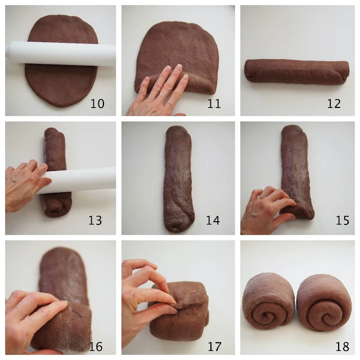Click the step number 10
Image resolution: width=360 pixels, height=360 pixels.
coord(97,103)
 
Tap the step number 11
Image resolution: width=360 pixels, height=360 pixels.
coord(214,103)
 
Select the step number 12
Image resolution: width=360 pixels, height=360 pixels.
coord(334,103)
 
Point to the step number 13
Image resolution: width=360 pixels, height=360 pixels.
coord(95,220)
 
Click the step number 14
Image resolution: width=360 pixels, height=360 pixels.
coord(213,220)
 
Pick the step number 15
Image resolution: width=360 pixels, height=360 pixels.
coord(343,220)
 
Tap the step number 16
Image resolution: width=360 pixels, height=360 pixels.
coord(96,346)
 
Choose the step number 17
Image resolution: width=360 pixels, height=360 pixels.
coord(215,346)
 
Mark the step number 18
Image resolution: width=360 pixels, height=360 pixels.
coord(343,346)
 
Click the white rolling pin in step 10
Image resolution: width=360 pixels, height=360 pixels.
coord(61,54)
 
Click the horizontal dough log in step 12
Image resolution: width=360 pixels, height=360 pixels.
coord(296,72)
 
